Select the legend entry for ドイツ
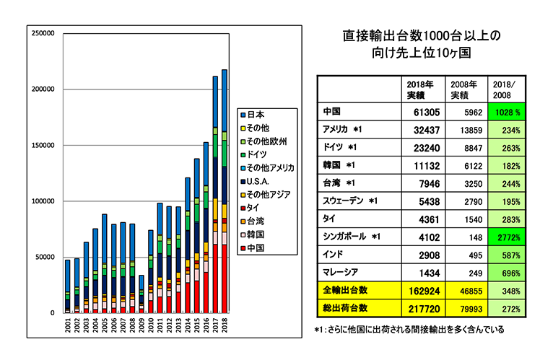(256, 154)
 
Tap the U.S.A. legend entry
(258, 181)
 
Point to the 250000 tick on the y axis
(43, 33)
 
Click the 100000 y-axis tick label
(43, 201)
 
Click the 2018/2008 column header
(503, 89)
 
